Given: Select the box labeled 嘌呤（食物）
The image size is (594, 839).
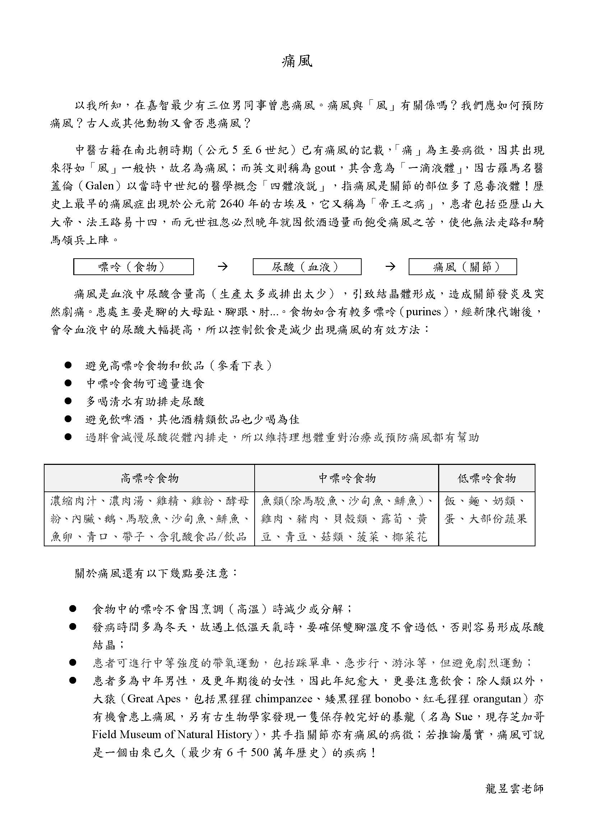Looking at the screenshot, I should [133, 267].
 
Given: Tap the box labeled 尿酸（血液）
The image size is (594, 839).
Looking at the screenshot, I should [307, 267].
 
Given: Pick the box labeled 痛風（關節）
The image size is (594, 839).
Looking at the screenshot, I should [462, 267].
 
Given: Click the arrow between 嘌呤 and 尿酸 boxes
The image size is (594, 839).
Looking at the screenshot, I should [223, 267].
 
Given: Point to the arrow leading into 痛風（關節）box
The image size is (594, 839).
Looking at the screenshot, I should [391, 267].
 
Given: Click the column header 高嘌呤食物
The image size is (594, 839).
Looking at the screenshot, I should [150, 478].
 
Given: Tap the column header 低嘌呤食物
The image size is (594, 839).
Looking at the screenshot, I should [487, 478].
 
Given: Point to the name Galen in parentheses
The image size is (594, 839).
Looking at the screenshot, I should [99, 187].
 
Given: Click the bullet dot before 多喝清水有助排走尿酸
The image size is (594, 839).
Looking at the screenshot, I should [68, 401].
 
